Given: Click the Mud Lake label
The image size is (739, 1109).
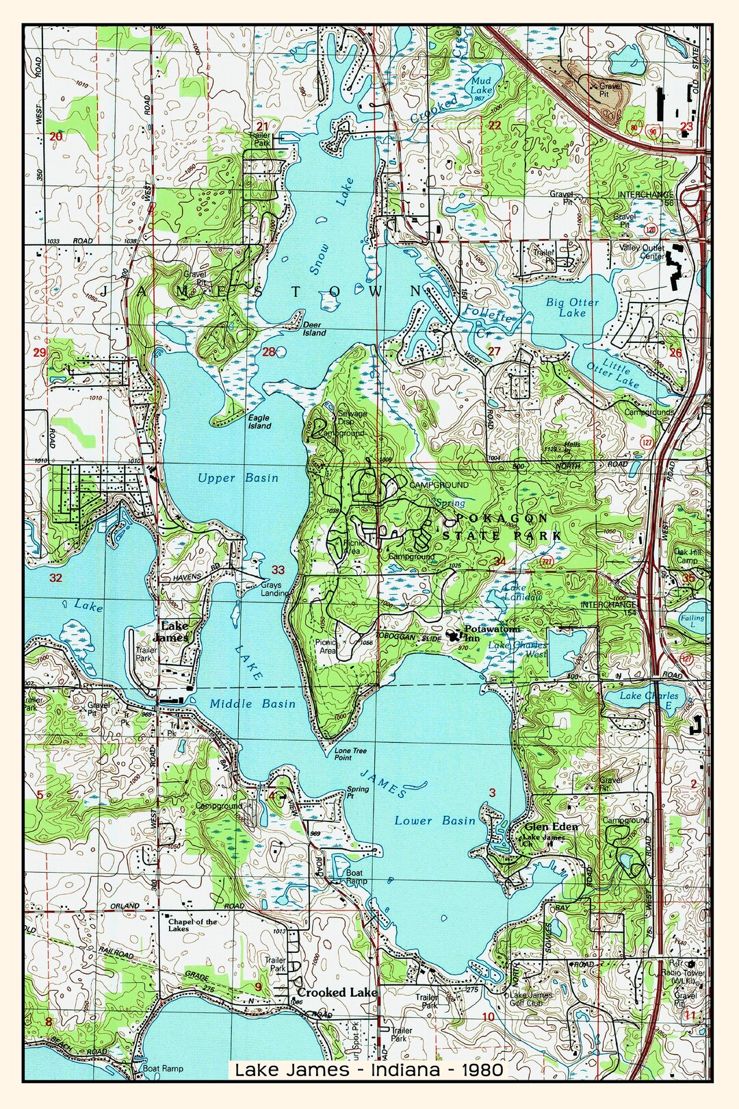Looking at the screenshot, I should (x=481, y=86).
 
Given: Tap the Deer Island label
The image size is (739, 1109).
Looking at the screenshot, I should (x=315, y=329).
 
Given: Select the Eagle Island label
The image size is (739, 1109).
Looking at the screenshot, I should (x=259, y=422).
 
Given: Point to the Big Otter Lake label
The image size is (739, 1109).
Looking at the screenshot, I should (x=572, y=307).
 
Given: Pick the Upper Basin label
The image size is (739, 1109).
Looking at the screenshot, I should (x=238, y=478).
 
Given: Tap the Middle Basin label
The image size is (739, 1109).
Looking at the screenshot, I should (x=252, y=704).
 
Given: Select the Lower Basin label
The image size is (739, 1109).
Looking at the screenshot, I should (x=435, y=821).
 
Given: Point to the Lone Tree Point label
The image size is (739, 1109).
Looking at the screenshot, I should (x=350, y=754).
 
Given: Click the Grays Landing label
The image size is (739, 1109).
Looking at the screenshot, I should (x=274, y=589).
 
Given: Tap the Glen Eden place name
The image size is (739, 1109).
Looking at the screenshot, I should (x=551, y=827).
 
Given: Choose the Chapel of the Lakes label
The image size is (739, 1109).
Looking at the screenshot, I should (x=192, y=925).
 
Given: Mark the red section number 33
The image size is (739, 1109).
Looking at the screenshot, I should (x=278, y=570).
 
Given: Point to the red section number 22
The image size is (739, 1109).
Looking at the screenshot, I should (x=494, y=125).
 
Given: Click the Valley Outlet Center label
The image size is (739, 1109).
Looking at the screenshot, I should (x=642, y=252).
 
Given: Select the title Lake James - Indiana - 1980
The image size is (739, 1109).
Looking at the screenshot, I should (x=369, y=1069).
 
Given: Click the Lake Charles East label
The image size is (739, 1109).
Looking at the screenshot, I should (x=649, y=700).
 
